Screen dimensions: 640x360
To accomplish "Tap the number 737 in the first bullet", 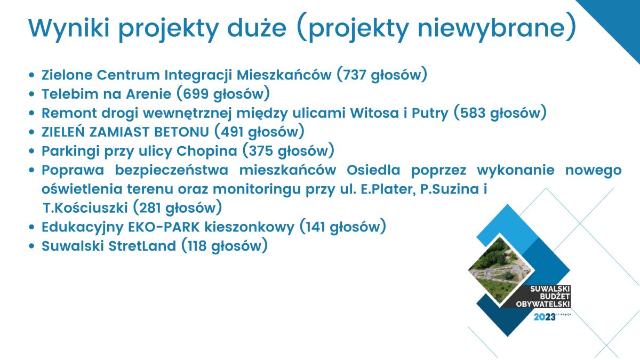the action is (354, 75).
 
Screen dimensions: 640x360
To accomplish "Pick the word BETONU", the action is (181, 132).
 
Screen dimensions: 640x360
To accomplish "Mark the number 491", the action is (232, 132).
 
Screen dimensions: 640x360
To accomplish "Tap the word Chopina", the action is (206, 151).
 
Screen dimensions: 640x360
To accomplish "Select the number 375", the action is (261, 151).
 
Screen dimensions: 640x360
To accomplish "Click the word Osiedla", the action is (373, 170).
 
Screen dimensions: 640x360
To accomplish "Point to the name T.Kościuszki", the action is (85, 207).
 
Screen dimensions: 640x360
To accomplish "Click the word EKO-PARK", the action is (164, 227).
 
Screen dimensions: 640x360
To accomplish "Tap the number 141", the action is (315, 227).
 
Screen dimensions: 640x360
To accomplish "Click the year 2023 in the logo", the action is (545, 317).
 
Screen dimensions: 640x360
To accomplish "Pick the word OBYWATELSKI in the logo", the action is (543, 304).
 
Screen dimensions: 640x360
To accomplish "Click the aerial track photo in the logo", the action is (500, 270).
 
